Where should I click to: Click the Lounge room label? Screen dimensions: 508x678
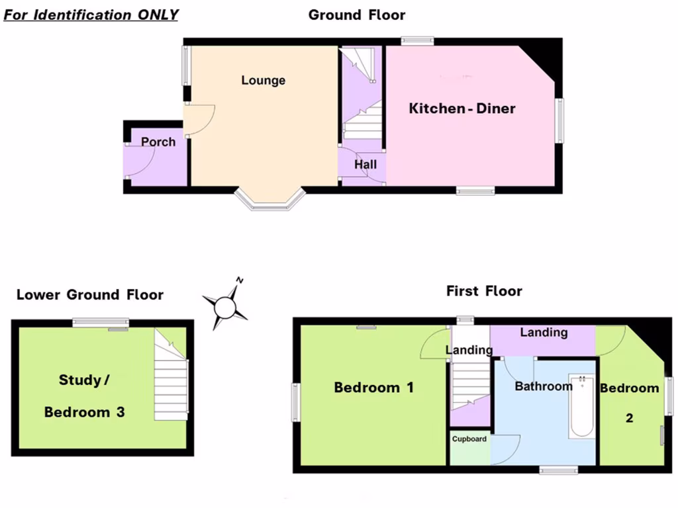263,81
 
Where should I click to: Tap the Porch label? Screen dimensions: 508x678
158,142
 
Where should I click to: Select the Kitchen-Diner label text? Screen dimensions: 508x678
461,108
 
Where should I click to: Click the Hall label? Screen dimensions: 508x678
365,164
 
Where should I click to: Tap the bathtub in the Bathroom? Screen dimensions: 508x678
582,406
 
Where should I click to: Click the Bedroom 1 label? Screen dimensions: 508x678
373,388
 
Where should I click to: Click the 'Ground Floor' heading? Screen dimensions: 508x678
357,15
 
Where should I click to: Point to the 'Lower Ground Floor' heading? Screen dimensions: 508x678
90,295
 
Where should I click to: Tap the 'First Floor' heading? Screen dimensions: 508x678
484,291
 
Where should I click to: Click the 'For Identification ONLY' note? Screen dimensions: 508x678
91,15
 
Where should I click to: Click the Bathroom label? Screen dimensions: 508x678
544,386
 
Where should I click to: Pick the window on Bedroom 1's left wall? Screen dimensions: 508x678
296,402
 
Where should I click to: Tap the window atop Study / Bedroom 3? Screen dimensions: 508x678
100,323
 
